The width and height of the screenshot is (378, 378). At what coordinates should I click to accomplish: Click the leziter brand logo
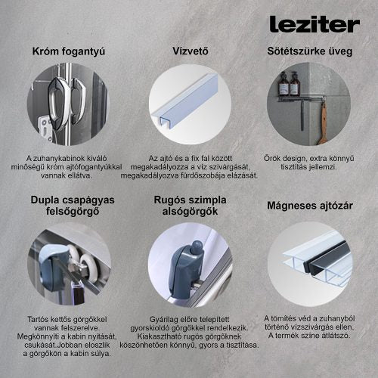[314, 24]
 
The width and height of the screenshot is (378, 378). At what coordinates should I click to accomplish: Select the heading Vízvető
[189, 51]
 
